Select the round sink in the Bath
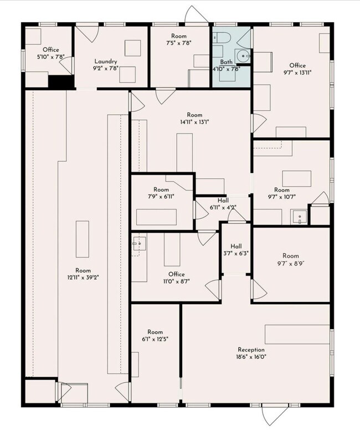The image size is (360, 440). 241,56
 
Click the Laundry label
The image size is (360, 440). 106,62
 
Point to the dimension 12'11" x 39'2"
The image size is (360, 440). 83,278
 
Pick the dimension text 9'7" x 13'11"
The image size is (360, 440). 297,73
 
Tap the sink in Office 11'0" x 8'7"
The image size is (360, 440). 140,244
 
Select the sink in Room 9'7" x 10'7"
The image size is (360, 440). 299,217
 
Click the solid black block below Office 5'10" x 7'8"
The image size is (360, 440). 61,82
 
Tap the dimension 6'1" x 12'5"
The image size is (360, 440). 155,339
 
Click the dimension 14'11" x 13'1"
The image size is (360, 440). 194,122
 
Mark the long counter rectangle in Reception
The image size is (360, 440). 297,335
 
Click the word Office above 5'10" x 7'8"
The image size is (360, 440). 51,50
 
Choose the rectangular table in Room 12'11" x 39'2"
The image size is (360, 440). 83,239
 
